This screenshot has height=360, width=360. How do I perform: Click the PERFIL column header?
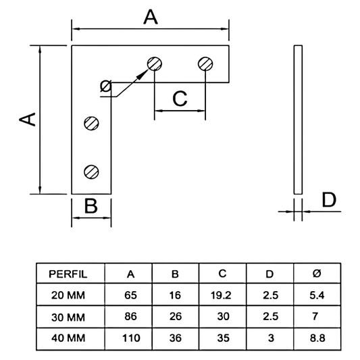(68, 274)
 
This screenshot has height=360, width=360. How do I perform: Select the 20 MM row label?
(68, 294)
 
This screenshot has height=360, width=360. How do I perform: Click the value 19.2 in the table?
(222, 294)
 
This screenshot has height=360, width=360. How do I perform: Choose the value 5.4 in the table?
(315, 294)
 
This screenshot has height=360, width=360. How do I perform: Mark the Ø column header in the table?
(315, 274)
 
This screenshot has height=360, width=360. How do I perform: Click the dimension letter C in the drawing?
(180, 99)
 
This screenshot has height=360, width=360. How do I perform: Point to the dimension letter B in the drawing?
(91, 205)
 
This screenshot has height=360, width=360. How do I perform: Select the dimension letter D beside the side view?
(328, 201)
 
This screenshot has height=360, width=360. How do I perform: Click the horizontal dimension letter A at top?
(150, 18)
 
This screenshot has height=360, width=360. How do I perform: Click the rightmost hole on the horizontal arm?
(206, 64)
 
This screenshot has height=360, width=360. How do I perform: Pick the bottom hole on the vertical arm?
(91, 172)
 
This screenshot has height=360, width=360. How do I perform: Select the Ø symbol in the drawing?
(105, 86)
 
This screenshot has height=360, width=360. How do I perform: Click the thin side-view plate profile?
(298, 120)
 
